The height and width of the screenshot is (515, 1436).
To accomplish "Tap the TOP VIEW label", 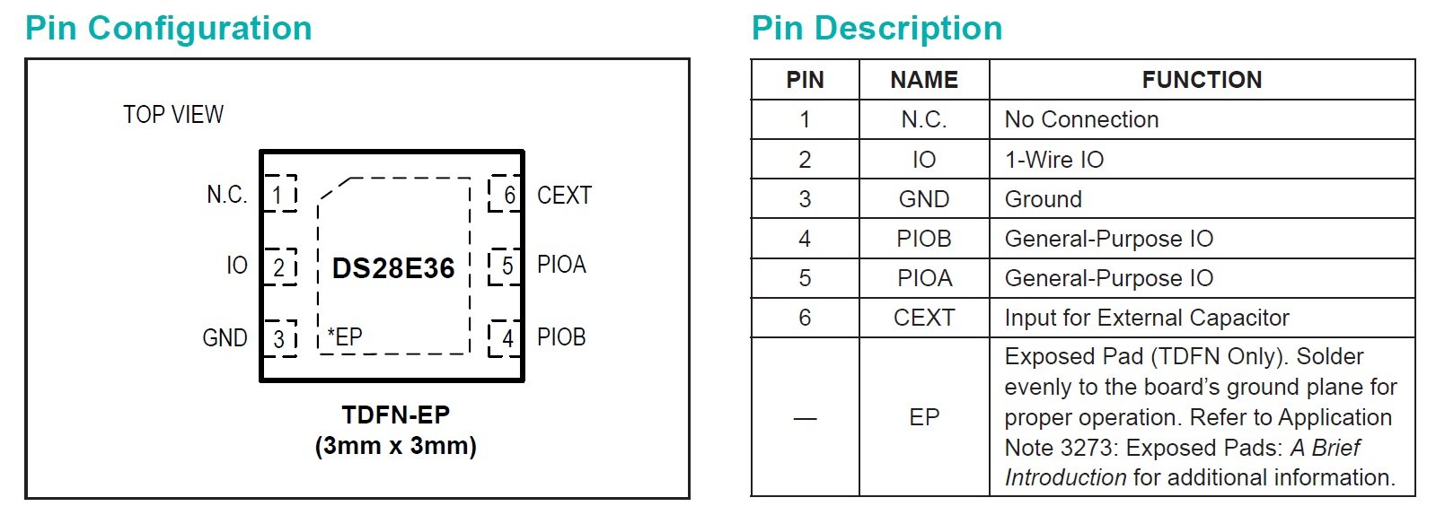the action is [x=173, y=115].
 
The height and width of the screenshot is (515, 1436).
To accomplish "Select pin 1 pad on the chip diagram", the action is [x=280, y=194].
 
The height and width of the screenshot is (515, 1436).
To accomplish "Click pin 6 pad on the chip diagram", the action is [x=506, y=194].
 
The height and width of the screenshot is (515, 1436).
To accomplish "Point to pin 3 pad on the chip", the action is [x=280, y=338].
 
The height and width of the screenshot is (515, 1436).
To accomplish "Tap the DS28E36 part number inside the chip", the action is [x=393, y=268].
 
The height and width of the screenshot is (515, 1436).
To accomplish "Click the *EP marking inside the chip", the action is [x=345, y=337].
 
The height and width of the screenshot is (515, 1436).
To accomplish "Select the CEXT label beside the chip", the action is [x=564, y=196].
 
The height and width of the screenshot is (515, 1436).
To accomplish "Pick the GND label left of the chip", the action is [x=225, y=338].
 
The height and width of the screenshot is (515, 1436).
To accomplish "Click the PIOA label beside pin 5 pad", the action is [x=561, y=265].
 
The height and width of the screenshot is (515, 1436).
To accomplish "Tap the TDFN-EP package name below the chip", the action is [x=395, y=415].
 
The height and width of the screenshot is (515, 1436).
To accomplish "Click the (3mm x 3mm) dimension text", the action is [x=395, y=446].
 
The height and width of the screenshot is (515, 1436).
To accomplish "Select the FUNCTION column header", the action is [x=1202, y=80].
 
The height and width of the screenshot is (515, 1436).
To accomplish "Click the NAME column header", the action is [x=924, y=80].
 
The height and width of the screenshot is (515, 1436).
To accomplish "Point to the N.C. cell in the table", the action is [x=924, y=120].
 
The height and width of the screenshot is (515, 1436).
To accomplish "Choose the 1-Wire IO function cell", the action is [x=1054, y=160].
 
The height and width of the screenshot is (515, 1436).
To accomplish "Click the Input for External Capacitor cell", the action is [x=1147, y=318].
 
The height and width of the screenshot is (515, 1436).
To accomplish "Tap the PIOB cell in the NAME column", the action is [x=924, y=239].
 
